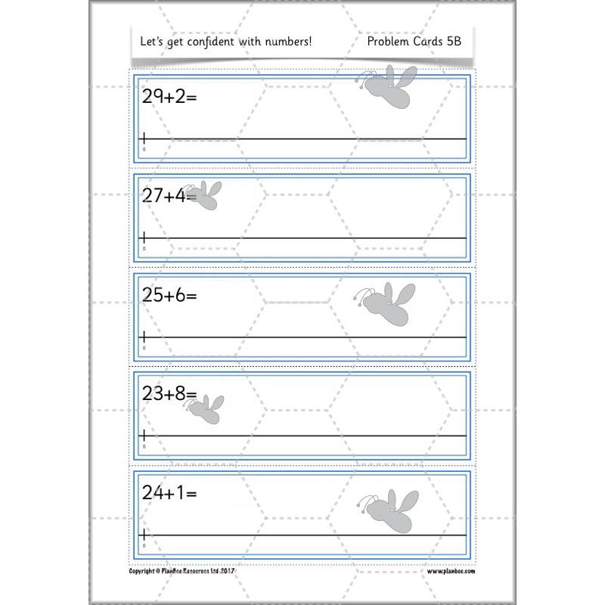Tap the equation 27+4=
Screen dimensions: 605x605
tap(169, 195)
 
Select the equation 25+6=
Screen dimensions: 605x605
tap(169, 295)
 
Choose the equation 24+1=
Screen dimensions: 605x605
tap(169, 492)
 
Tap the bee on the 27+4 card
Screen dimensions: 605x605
tap(204, 194)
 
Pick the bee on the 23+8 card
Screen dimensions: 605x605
tap(205, 407)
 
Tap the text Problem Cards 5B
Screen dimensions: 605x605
tap(414, 42)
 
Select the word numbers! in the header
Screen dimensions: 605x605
tap(287, 42)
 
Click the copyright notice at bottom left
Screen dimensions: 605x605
tap(184, 572)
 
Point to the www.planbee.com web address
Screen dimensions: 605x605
tap(450, 572)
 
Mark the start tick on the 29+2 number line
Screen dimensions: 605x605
tap(144, 138)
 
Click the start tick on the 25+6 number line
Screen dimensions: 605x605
tap(144, 337)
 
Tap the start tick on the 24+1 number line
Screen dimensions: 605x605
tap(144, 534)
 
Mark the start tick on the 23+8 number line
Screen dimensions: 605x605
tap(144, 436)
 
